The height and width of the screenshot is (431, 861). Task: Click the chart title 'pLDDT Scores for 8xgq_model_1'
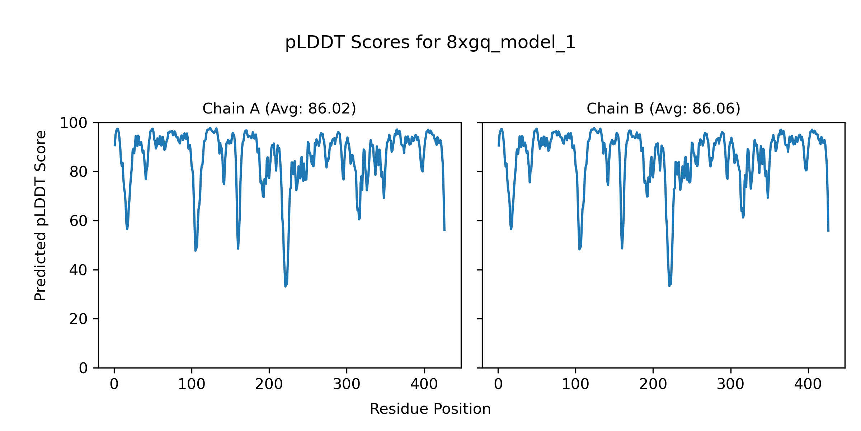(x=430, y=43)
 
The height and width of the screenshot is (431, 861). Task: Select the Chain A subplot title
(x=279, y=108)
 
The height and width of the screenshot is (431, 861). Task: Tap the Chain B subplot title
(x=663, y=108)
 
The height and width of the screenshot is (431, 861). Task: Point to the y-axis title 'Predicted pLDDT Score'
(x=41, y=215)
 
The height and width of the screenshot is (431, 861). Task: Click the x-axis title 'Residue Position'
(x=430, y=409)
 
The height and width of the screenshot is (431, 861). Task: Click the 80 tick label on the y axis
(x=79, y=172)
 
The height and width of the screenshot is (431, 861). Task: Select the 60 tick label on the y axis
(x=79, y=221)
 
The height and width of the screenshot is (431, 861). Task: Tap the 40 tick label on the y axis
(x=79, y=270)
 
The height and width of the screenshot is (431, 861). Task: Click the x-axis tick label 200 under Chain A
(x=269, y=385)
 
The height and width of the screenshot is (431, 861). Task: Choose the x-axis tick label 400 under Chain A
(x=424, y=385)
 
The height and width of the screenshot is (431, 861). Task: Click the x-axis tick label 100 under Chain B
(x=575, y=385)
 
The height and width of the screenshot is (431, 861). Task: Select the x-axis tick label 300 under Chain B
(x=730, y=385)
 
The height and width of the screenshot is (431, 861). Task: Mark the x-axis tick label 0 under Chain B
(x=498, y=385)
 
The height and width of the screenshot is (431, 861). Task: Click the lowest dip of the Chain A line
(x=286, y=286)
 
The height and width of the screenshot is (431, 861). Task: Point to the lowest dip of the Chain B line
(x=669, y=286)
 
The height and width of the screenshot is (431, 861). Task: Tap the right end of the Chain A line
(x=444, y=230)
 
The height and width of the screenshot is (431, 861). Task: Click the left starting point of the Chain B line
(x=498, y=145)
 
